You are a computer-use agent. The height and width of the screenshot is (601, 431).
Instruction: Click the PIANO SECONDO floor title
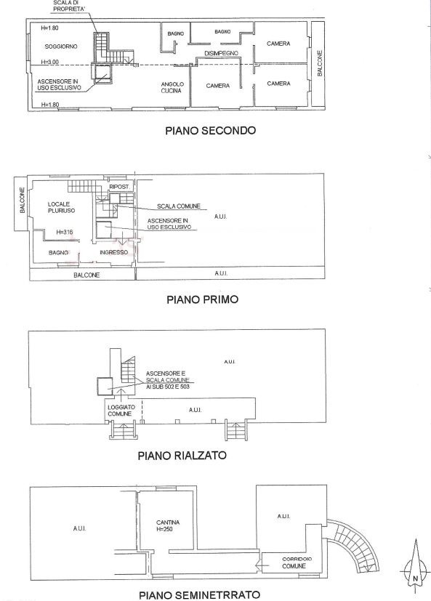pyautogui.click(x=210, y=130)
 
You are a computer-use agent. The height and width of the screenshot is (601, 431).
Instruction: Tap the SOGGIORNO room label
pyautogui.click(x=61, y=47)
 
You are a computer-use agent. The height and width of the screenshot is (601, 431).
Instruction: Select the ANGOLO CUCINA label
pyautogui.click(x=172, y=87)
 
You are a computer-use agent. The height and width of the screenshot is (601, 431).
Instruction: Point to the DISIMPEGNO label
pyautogui.click(x=221, y=53)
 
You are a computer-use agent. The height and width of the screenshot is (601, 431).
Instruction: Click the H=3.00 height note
pyautogui.click(x=50, y=62)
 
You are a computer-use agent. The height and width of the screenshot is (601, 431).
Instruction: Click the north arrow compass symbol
pyautogui.click(x=415, y=567)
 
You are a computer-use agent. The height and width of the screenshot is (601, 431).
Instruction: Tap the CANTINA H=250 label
pyautogui.click(x=168, y=525)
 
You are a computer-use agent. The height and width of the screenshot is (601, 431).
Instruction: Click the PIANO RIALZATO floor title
pyautogui.click(x=182, y=456)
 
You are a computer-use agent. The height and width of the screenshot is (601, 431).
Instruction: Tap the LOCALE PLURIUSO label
pyautogui.click(x=61, y=207)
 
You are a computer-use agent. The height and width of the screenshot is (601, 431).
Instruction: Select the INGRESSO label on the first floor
pyautogui.click(x=113, y=252)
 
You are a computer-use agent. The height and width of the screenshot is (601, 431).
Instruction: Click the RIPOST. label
pyautogui.click(x=119, y=187)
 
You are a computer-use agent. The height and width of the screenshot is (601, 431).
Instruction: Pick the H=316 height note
pyautogui.click(x=65, y=232)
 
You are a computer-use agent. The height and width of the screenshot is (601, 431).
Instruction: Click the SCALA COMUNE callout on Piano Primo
pyautogui.click(x=179, y=206)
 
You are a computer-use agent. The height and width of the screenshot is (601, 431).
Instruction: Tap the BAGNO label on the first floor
pyautogui.click(x=58, y=253)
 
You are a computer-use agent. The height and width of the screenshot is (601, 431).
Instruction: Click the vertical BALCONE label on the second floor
pyautogui.click(x=321, y=63)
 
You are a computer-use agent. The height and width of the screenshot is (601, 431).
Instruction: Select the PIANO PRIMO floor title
pyautogui.click(x=203, y=299)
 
